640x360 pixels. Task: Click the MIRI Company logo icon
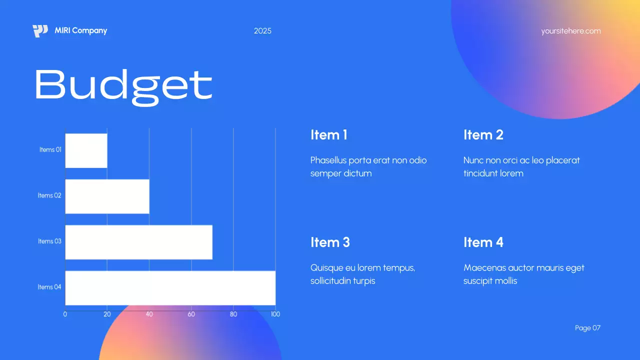[40, 31]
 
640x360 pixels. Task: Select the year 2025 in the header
[262, 31]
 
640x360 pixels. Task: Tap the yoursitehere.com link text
[570, 31]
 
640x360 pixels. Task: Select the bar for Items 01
[86, 150]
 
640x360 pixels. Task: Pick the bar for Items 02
[107, 196]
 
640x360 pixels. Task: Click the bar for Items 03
[138, 242]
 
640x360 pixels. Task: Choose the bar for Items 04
[170, 287]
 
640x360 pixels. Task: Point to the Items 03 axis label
[49, 241]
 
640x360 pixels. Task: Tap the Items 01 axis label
[50, 150]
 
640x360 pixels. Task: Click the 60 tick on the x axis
[191, 314]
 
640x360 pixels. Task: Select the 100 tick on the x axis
[275, 314]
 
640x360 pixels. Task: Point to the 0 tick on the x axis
[65, 314]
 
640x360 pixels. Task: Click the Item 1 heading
[328, 135]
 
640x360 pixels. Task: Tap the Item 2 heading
[483, 135]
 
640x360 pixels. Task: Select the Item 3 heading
[330, 242]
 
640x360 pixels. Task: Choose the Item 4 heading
[483, 242]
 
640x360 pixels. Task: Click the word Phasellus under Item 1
[328, 160]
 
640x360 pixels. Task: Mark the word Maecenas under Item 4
[483, 268]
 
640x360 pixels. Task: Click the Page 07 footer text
[587, 328]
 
